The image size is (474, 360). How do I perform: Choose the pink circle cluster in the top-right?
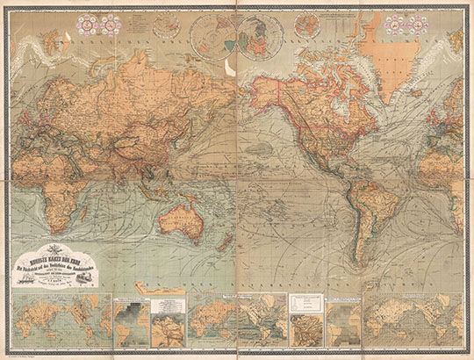click(438, 27)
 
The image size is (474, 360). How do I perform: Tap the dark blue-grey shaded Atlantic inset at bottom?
click(130, 320)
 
